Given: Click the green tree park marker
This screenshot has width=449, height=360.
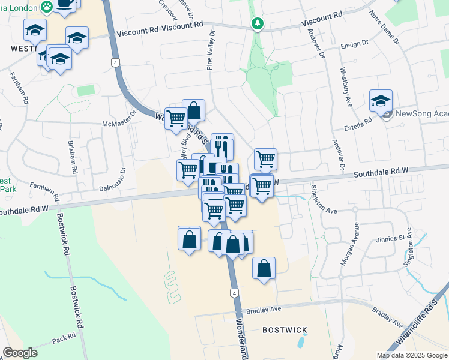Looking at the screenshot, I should point(258,23).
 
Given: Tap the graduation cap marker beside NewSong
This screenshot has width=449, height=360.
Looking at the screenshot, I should point(381,101).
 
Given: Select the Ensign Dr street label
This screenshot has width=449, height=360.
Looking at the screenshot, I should point(354,44).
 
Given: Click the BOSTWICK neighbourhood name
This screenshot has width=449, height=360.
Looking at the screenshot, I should point(285,330).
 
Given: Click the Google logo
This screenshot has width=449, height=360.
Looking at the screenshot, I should point(20,353).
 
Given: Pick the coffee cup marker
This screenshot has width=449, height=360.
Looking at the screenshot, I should point(65,3).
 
